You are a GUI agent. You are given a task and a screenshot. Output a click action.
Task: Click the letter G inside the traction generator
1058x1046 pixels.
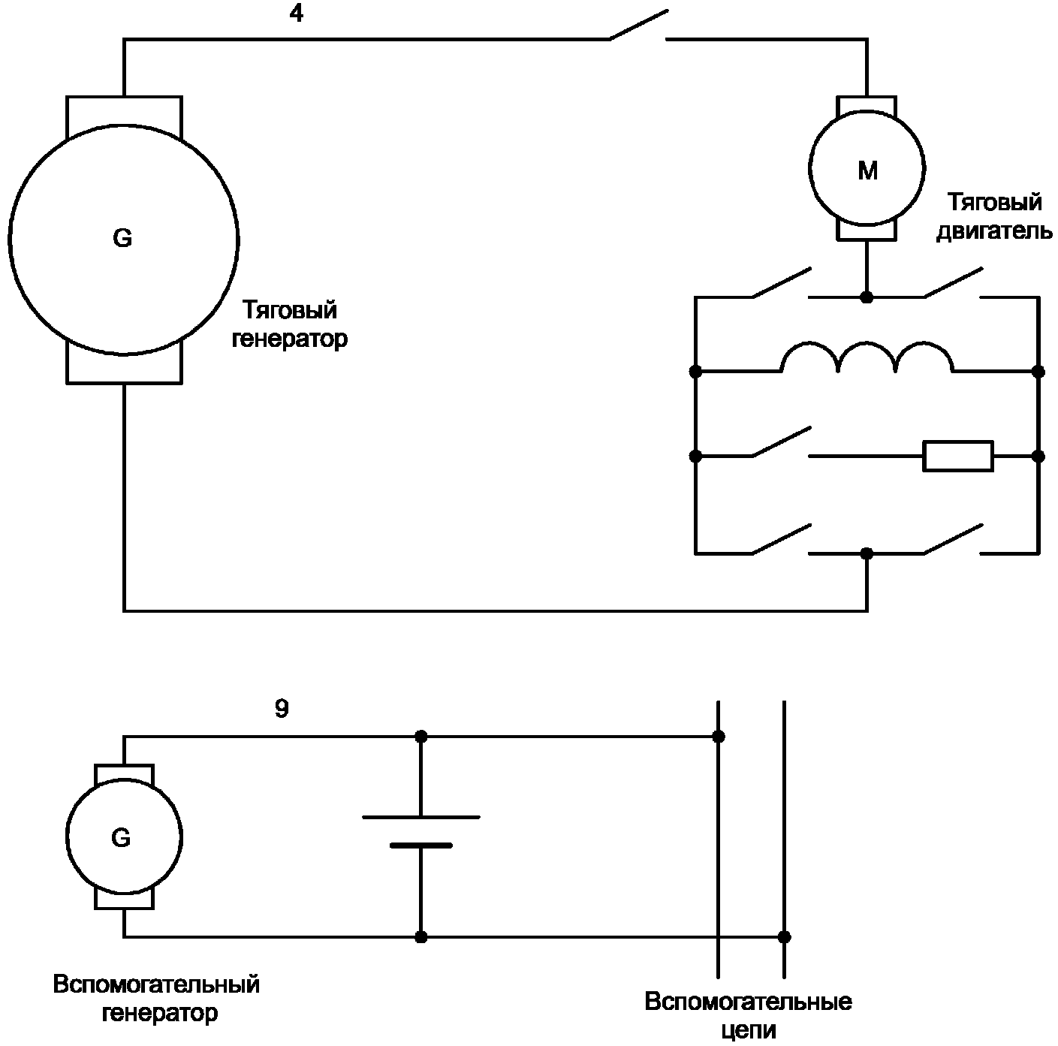122,238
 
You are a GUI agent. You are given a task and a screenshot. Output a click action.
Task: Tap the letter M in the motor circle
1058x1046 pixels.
867,171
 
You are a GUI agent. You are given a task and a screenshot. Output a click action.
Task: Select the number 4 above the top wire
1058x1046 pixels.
296,14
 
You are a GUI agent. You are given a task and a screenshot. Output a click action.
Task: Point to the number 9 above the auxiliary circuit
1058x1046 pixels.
281,709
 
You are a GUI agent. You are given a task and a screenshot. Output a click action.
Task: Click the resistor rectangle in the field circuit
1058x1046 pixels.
957,456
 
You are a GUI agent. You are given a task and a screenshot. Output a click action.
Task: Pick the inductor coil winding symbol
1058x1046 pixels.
867,357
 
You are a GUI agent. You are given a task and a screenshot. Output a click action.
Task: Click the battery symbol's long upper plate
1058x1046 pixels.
421,817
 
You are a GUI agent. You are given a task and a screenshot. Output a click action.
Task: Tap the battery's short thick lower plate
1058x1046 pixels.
421,846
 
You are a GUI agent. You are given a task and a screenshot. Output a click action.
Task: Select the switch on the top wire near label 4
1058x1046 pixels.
638,25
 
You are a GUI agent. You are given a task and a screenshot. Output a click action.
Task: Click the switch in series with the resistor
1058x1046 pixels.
781,442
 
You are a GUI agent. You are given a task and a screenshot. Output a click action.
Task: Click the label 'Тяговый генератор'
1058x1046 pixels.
289,324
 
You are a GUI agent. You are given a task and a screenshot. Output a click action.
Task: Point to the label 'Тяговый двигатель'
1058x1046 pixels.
994,217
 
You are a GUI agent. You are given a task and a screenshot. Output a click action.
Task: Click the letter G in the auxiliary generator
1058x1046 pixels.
121,838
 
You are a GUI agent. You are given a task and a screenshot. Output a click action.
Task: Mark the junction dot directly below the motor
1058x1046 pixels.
867,297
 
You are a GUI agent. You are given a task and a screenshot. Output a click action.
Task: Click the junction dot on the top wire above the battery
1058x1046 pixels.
421,737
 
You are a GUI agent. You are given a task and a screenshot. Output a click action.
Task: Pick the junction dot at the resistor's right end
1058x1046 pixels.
1038,456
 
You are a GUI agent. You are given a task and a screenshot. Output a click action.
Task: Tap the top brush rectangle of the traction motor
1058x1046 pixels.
867,104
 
